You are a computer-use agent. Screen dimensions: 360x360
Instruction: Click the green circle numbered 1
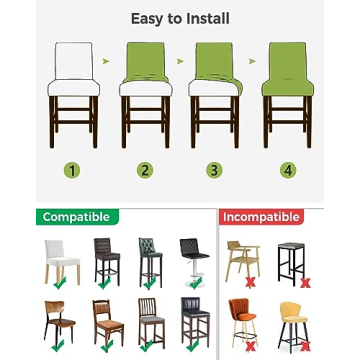(72, 170)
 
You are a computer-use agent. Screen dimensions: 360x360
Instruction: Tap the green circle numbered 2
(145, 170)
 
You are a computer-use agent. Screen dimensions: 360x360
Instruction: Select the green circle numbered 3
(214, 170)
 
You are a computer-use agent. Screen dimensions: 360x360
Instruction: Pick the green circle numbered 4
(288, 170)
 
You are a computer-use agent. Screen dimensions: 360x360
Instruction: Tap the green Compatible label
(77, 217)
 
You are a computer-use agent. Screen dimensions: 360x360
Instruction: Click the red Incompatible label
(261, 217)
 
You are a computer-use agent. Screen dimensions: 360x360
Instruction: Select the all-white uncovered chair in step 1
(74, 95)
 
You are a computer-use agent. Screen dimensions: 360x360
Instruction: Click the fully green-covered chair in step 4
(288, 95)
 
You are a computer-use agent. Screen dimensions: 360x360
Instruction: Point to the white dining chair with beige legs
(62, 262)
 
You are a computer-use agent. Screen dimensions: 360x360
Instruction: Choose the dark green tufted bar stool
(150, 262)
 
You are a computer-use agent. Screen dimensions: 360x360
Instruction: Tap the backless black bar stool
(291, 263)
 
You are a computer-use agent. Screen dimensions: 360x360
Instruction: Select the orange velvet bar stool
(243, 322)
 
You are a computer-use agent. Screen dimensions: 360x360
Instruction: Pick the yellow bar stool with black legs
(292, 325)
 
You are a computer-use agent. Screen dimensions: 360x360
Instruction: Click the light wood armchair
(243, 261)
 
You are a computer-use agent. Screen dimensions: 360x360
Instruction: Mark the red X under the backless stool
(305, 283)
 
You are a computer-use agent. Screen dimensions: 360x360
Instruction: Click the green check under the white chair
(60, 283)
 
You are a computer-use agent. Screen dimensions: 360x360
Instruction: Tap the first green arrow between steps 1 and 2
(106, 61)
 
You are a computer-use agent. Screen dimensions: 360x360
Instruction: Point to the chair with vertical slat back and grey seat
(152, 323)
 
